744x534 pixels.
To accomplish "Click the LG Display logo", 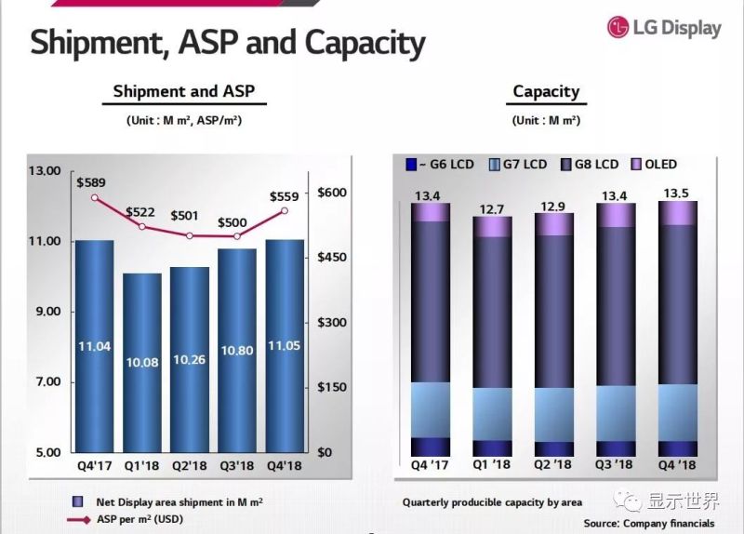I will pyautogui.click(x=664, y=27).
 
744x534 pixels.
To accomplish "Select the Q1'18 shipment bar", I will pyautogui.click(x=141, y=363).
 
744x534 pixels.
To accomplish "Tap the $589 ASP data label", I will pyautogui.click(x=93, y=180).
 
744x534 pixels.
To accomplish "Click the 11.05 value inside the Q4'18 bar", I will pyautogui.click(x=285, y=346).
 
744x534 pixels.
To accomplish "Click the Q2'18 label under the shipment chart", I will pyautogui.click(x=190, y=465).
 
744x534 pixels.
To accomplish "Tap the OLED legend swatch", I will pyautogui.click(x=637, y=165).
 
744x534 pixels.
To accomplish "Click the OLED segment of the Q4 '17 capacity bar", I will pyautogui.click(x=431, y=211).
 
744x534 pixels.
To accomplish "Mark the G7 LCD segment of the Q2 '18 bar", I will pyautogui.click(x=554, y=414).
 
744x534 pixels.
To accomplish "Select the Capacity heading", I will pyautogui.click(x=546, y=91).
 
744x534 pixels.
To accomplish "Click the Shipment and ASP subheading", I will pyautogui.click(x=183, y=91).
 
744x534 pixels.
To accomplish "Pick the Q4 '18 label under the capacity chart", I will pyautogui.click(x=678, y=464).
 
